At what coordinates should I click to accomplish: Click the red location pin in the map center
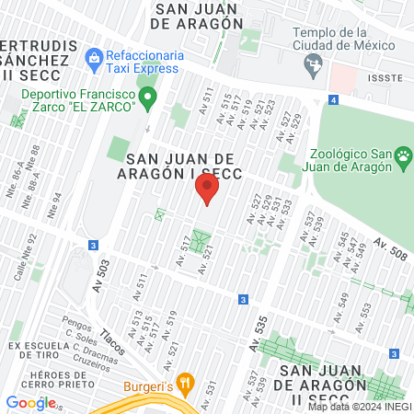coord(207,190)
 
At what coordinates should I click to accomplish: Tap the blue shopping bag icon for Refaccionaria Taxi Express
coord(94,58)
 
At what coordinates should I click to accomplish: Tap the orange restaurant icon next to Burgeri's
coord(185,382)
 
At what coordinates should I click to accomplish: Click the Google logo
coord(30,402)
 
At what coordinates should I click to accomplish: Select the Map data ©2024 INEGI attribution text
coord(359,407)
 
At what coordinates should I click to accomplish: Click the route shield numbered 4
coord(332,99)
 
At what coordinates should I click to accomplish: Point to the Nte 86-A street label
coord(17,169)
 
